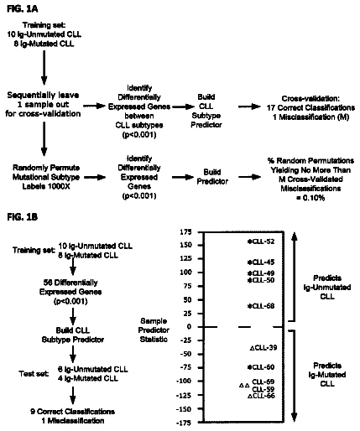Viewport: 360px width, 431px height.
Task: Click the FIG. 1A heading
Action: click(x=22, y=9)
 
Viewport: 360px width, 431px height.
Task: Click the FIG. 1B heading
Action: click(x=22, y=217)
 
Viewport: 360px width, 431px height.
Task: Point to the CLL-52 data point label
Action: click(x=263, y=241)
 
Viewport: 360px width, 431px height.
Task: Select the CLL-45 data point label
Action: click(x=263, y=262)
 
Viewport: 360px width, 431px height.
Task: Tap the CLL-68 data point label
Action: click(x=263, y=306)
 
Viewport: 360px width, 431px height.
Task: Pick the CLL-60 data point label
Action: click(x=263, y=367)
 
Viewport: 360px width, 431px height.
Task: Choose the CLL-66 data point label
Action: click(x=263, y=396)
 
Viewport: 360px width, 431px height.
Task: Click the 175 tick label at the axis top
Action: click(x=186, y=231)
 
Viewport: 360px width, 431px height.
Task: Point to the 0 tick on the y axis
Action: click(x=190, y=326)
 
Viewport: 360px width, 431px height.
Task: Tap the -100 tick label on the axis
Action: click(x=184, y=381)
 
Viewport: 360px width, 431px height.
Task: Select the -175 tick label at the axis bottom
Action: click(x=184, y=423)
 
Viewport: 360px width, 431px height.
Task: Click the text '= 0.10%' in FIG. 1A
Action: click(x=310, y=198)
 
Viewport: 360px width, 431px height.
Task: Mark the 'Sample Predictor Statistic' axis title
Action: click(x=154, y=330)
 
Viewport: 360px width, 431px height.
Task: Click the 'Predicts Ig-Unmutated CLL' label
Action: click(x=327, y=287)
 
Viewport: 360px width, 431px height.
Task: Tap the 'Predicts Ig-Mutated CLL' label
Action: click(x=327, y=375)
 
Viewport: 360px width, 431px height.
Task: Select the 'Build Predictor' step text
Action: click(x=212, y=177)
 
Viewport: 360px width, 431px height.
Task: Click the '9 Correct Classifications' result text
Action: click(x=73, y=412)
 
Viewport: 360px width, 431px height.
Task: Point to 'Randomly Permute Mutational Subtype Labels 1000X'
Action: click(x=46, y=177)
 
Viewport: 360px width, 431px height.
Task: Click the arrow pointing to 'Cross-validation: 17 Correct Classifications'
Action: click(x=249, y=106)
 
